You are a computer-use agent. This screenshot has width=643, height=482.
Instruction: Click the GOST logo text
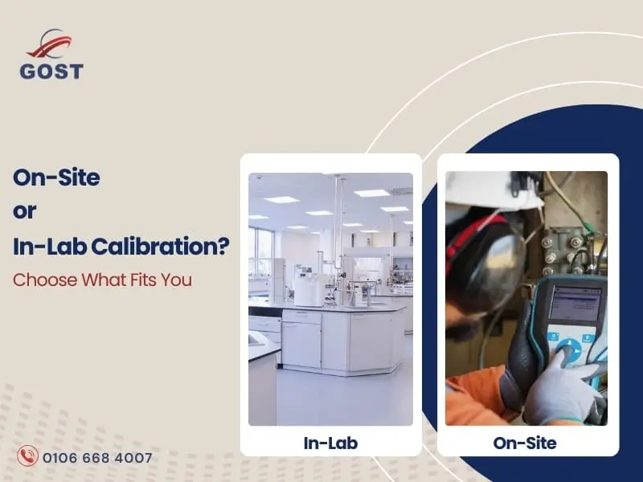tap(52, 71)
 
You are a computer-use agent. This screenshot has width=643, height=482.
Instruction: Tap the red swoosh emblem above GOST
tap(51, 45)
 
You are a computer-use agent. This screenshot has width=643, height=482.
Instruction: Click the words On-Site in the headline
tap(56, 178)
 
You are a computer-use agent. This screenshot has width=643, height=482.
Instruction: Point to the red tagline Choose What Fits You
tap(102, 281)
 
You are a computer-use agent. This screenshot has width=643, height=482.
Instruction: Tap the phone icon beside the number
tap(29, 457)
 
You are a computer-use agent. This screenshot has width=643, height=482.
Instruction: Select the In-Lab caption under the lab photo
tap(330, 443)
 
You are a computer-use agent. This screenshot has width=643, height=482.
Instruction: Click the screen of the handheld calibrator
tap(576, 304)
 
